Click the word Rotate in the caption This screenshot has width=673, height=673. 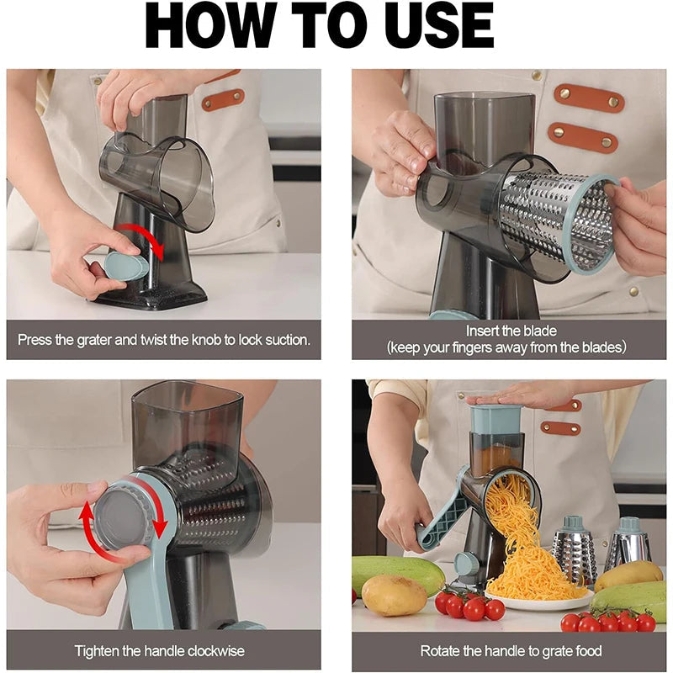tap(441, 651)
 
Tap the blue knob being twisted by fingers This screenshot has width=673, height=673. tap(125, 267)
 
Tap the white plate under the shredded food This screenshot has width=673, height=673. tap(538, 601)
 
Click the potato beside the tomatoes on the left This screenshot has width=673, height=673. tap(394, 596)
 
